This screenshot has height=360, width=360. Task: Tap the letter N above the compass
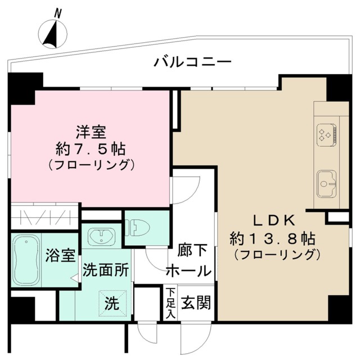(58, 12)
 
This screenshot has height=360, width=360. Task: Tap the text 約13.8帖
(273, 238)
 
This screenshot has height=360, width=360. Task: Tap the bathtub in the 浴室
(26, 259)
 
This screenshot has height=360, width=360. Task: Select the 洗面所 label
(106, 270)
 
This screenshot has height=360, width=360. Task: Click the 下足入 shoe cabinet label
(169, 304)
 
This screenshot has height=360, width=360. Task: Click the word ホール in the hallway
(188, 271)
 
